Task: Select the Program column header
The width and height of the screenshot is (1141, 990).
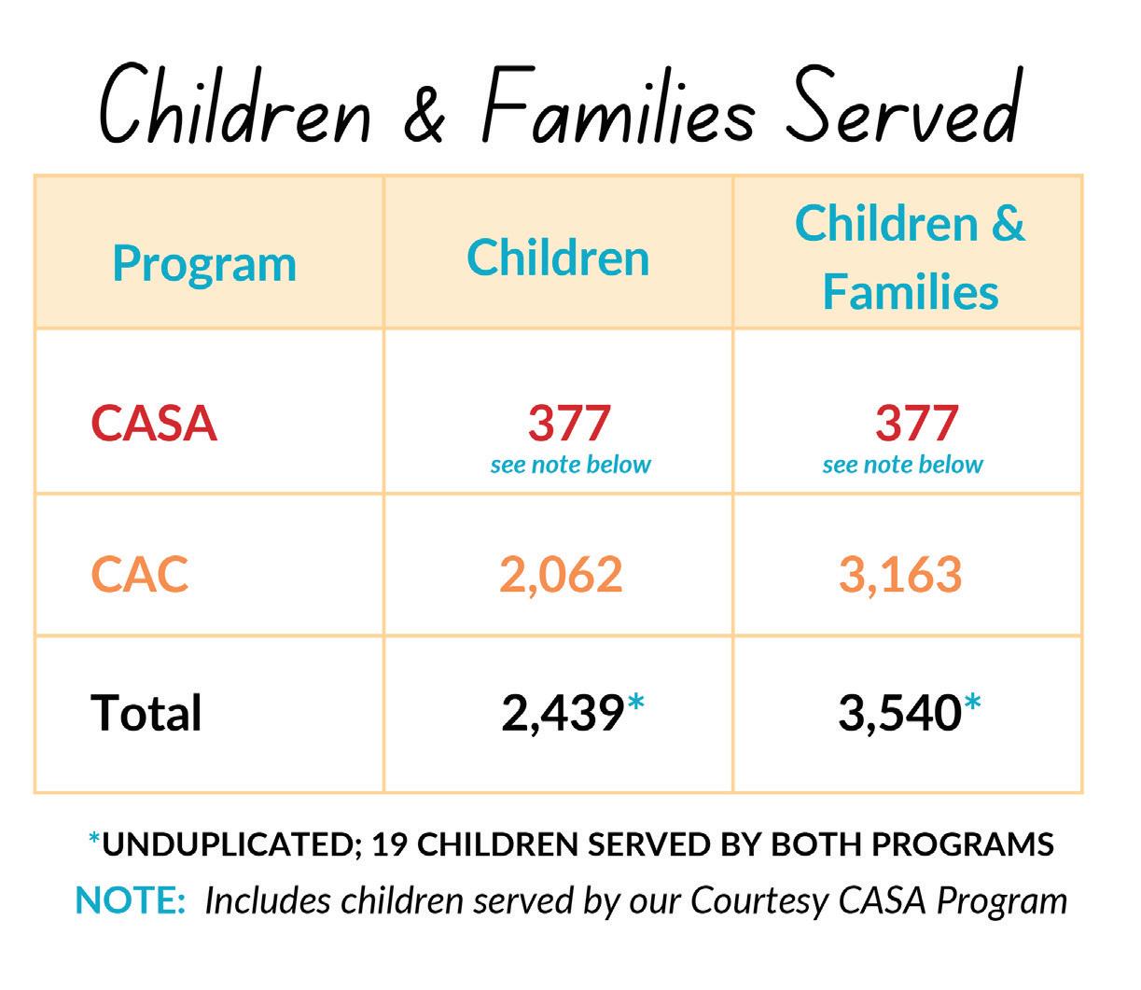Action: tap(204, 264)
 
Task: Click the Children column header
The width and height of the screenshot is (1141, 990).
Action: tap(558, 258)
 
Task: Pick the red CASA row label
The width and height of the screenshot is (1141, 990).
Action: tap(154, 424)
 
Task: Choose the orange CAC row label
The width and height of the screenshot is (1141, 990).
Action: tap(140, 574)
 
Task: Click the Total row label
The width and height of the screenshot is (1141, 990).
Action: tap(146, 714)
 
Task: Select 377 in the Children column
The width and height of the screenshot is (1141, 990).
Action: tap(569, 423)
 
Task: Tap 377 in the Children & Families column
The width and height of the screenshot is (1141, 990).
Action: tap(916, 423)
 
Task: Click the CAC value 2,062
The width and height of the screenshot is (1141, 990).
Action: tap(561, 575)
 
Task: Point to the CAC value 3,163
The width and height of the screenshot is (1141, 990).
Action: tap(900, 575)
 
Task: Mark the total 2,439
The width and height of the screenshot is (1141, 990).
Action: tap(562, 715)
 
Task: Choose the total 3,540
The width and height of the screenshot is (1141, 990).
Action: tap(899, 715)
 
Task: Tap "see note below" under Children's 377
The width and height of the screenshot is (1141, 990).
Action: tap(570, 465)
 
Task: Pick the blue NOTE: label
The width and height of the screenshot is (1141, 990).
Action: tap(130, 900)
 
